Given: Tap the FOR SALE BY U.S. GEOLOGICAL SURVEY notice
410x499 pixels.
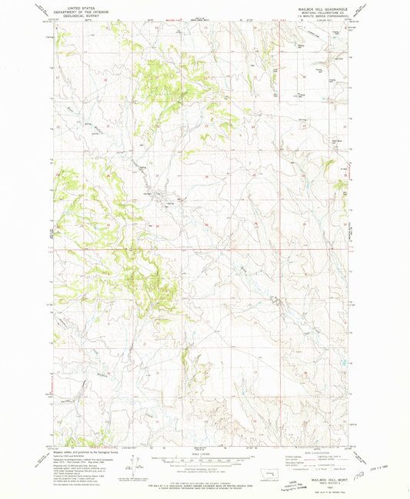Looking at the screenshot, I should (x=205, y=477).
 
